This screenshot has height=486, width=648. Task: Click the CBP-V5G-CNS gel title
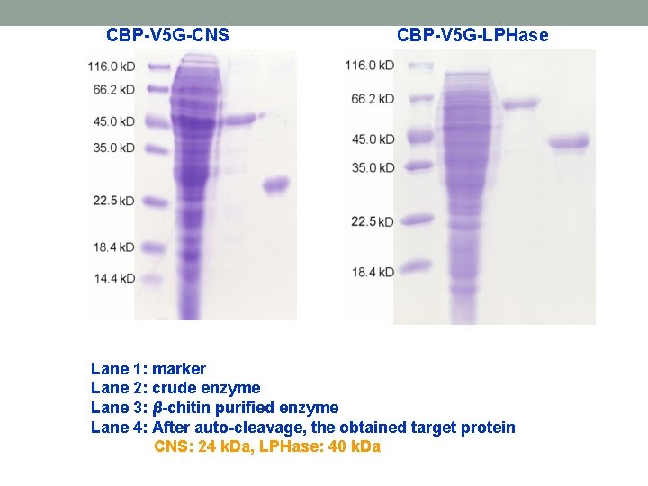pos(167,36)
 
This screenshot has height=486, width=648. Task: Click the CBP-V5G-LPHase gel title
pos(472,36)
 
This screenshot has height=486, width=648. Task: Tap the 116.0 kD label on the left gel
pos(112,67)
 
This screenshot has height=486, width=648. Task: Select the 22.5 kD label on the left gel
pos(113,201)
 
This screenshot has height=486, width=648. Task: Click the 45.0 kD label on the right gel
pos(373,139)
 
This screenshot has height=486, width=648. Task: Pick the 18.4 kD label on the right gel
pos(373,272)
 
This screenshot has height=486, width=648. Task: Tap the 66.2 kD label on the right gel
pos(373,99)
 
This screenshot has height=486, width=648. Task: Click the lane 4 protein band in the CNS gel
pos(275,185)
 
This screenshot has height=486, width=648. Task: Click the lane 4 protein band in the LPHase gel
pos(569,141)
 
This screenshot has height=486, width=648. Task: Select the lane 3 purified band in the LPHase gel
pos(520,104)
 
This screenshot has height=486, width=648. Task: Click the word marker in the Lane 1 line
pos(179,369)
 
